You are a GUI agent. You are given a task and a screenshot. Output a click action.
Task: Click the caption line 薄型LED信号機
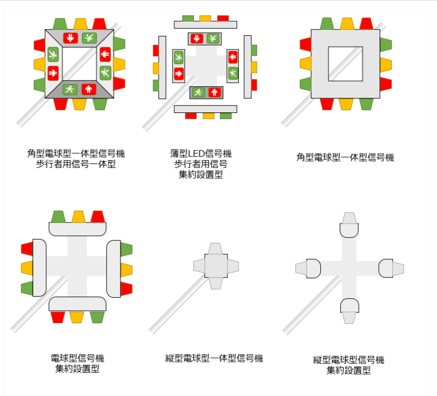pyautogui.click(x=201, y=153)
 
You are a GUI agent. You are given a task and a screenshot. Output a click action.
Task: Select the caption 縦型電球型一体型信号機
pyautogui.click(x=214, y=358)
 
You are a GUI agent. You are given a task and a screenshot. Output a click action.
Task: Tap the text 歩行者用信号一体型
pyautogui.click(x=76, y=164)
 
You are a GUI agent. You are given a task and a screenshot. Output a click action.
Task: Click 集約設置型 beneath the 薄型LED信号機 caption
pyautogui.click(x=201, y=174)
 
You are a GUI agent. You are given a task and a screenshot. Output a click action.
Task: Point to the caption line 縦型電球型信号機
pyautogui.click(x=349, y=360)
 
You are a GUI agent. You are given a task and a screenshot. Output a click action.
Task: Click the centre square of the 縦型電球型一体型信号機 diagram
pyautogui.click(x=216, y=266)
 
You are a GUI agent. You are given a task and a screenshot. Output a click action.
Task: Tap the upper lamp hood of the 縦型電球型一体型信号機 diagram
pyautogui.click(x=216, y=248)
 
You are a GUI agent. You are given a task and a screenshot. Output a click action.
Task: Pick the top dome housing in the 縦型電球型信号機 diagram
pyautogui.click(x=349, y=230)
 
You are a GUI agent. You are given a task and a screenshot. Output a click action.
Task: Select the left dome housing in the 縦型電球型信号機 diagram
pyautogui.click(x=314, y=268)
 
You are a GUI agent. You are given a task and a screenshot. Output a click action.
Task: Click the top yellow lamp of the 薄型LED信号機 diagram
pyautogui.click(x=205, y=18)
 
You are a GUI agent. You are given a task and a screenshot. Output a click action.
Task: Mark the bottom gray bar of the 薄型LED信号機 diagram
pyautogui.click(x=205, y=109)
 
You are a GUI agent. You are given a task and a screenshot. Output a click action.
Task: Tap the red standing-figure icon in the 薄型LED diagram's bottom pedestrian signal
pyautogui.click(x=214, y=92)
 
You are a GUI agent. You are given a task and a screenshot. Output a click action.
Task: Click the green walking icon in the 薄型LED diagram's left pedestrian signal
pyautogui.click(x=179, y=58)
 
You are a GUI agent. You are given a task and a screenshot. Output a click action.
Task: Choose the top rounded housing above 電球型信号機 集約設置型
pyautogui.click(x=78, y=229)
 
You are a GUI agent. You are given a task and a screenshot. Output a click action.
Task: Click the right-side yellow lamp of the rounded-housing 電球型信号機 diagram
pyautogui.click(x=126, y=269)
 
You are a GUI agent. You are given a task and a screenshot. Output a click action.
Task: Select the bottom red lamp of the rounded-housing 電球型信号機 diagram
pyautogui.click(x=58, y=317)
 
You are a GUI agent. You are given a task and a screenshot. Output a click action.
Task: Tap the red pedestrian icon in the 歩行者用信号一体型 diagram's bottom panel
pyautogui.click(x=88, y=90)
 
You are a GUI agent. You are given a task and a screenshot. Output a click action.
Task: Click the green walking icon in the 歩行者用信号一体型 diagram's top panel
pyautogui.click(x=90, y=38)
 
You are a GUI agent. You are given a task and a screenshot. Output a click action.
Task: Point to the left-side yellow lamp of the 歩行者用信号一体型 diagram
pyautogui.click(x=40, y=64)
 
